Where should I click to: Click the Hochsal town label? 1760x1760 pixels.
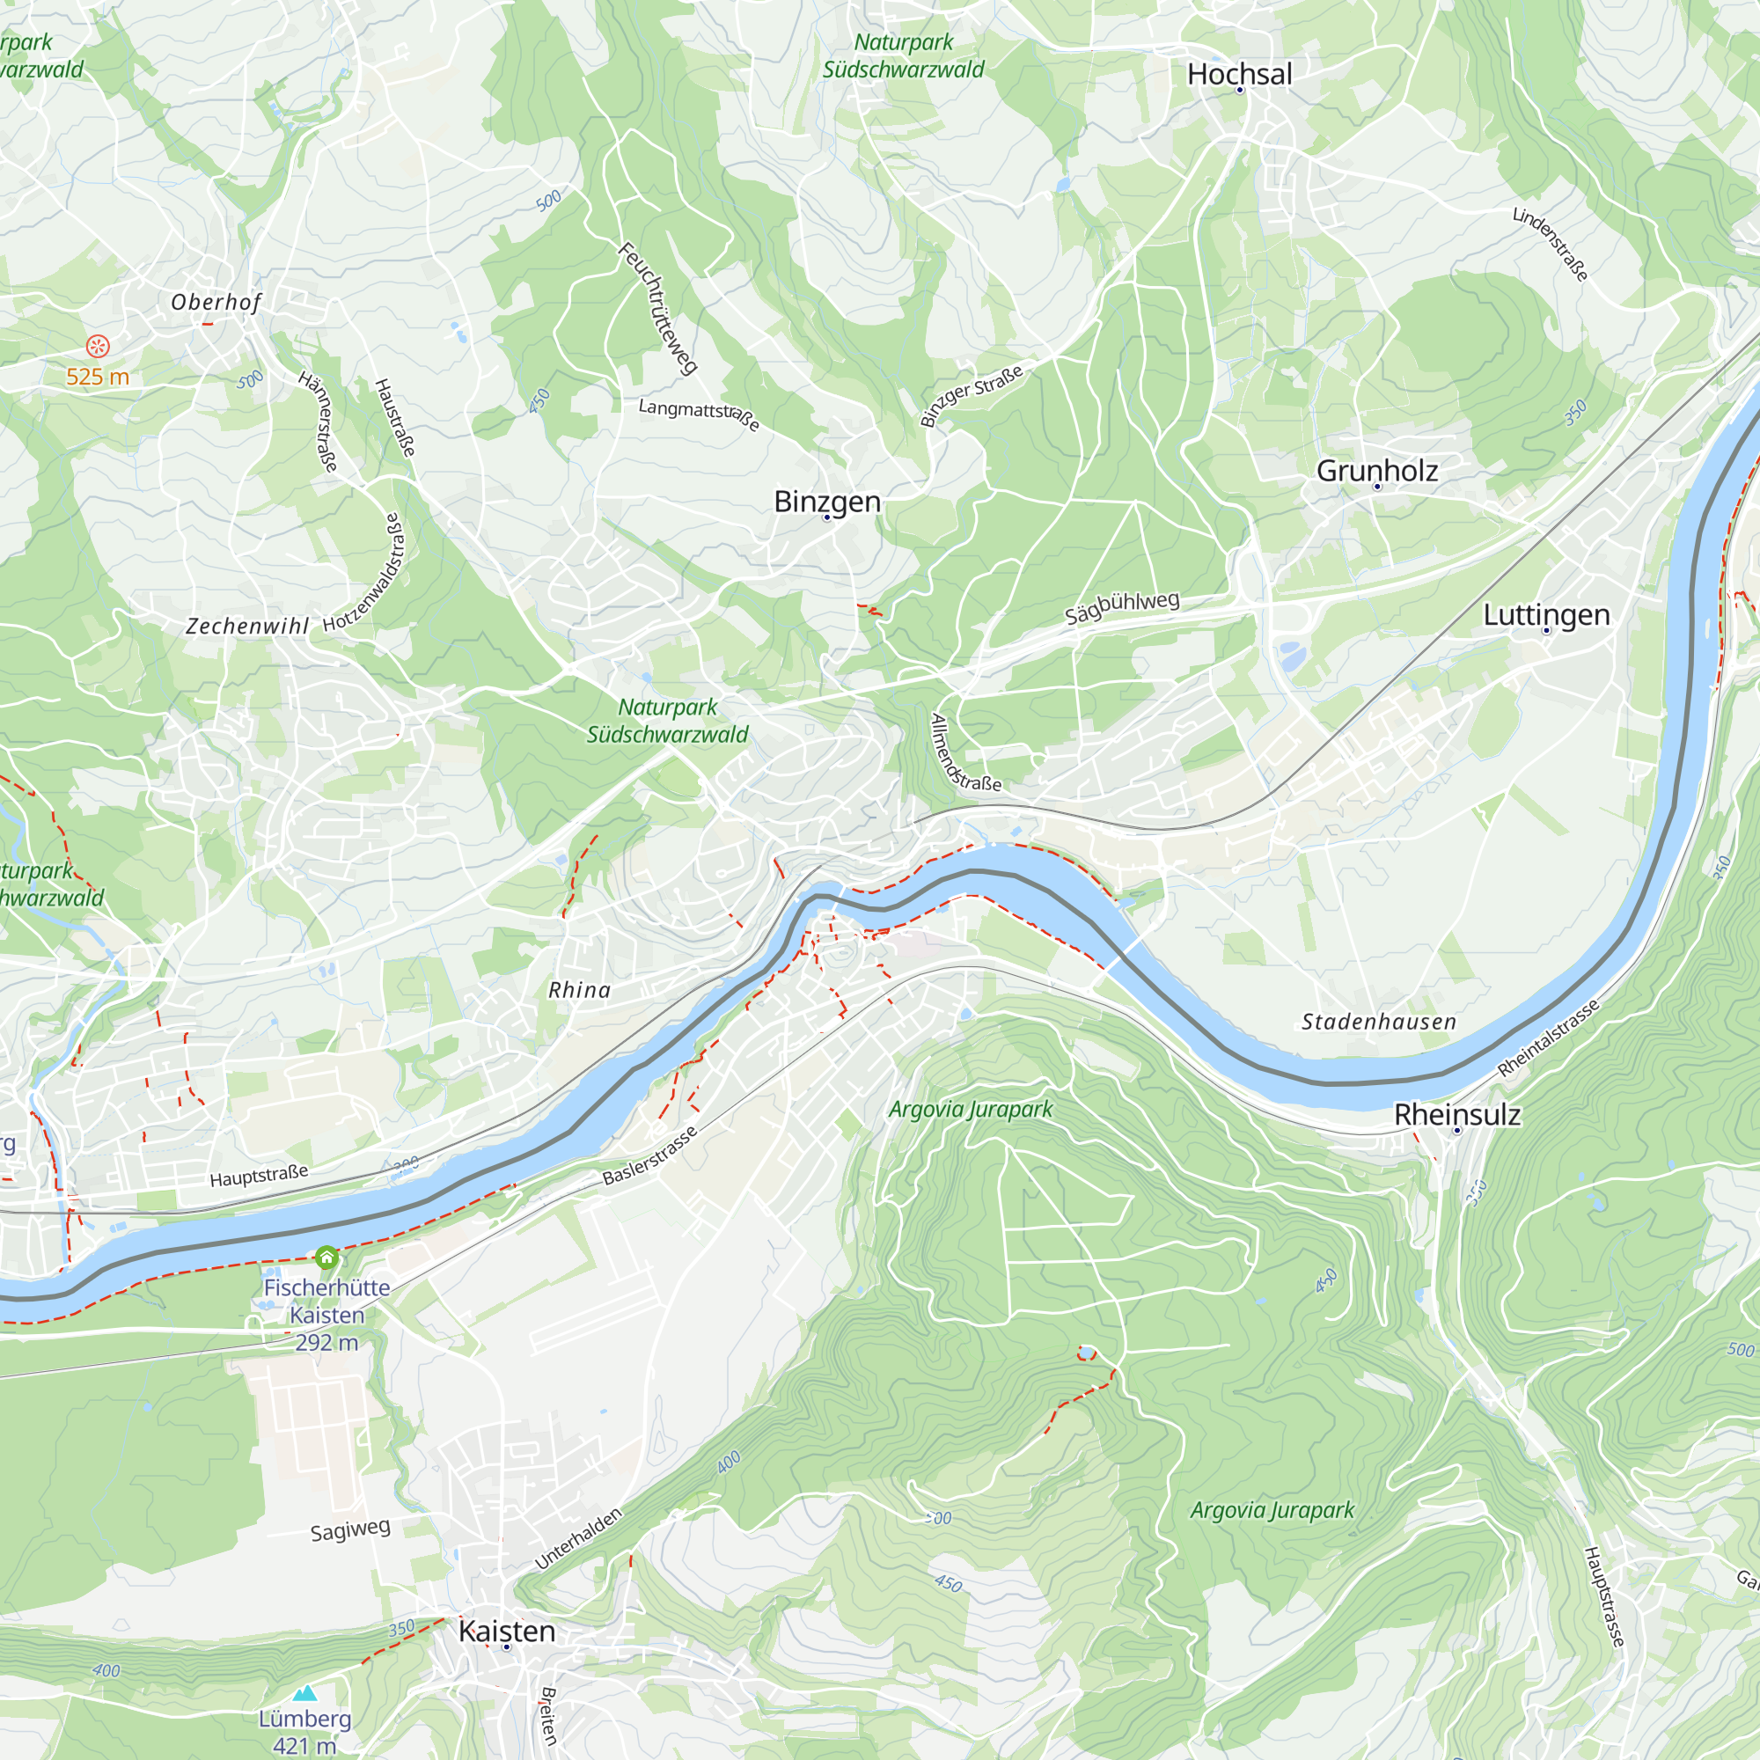coord(1239,75)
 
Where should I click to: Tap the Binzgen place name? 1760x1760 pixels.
coord(827,502)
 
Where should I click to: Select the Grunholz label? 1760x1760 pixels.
coord(1376,471)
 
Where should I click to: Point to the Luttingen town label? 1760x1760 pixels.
coord(1546,615)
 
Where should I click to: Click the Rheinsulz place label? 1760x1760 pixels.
coord(1456,1115)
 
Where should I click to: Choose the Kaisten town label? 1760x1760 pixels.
coord(507,1632)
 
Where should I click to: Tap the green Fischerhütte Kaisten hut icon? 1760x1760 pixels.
coord(326,1258)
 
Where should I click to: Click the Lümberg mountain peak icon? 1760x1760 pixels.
coord(304,1693)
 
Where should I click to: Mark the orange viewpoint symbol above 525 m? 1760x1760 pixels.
coord(98,346)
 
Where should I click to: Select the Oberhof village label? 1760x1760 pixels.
coord(216,303)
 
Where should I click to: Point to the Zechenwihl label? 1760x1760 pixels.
coord(247,627)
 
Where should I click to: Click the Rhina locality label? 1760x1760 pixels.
coord(579,990)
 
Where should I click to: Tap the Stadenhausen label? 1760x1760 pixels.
coord(1378,1022)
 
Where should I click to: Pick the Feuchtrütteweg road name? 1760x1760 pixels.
coord(657,309)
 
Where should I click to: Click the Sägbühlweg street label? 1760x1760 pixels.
coord(1121,606)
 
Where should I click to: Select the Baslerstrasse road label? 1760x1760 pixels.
coord(649,1156)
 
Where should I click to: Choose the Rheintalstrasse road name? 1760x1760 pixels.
coord(1548,1038)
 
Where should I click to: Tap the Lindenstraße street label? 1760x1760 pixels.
coord(1551,244)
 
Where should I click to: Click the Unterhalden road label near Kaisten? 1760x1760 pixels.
coord(578,1538)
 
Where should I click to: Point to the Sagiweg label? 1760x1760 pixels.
coord(350,1529)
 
